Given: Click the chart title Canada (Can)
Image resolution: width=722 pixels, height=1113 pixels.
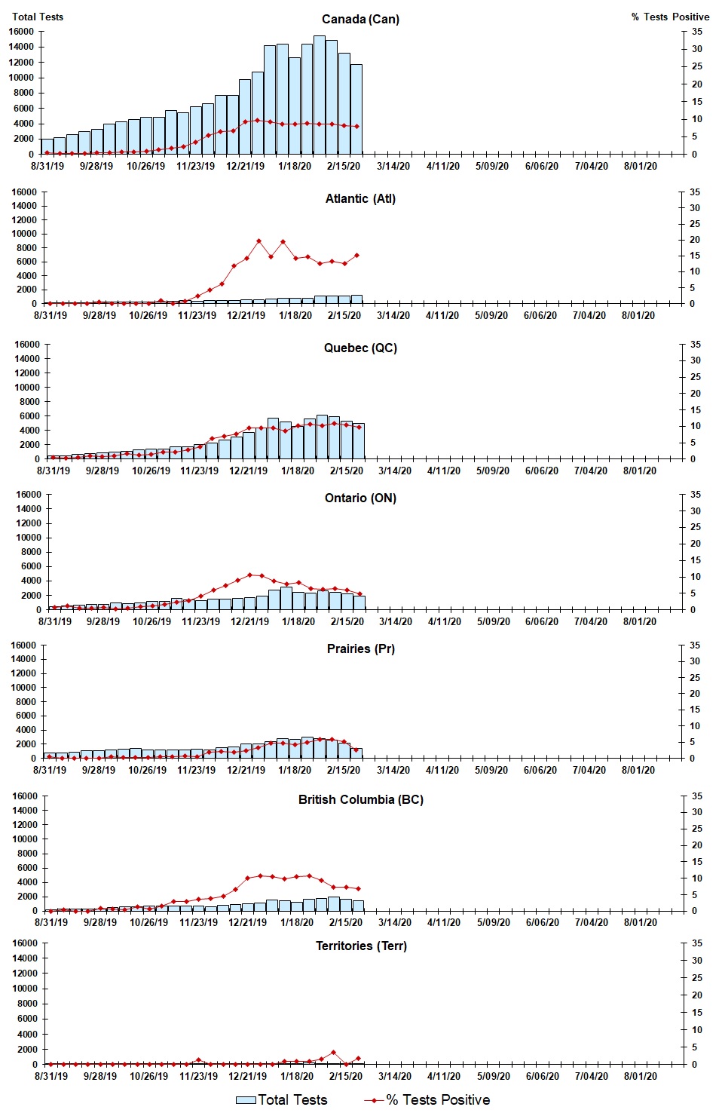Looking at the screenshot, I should point(360,19).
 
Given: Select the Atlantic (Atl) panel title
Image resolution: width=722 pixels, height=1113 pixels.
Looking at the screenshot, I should point(360,198).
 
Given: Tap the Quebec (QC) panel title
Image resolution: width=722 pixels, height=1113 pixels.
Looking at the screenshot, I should point(360,348).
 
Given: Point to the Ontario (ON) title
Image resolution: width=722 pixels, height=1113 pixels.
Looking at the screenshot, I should point(360,498).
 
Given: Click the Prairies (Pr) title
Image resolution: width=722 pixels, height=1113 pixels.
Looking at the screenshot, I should point(360,648).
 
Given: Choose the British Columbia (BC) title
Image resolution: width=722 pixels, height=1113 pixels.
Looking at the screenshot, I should point(360,799).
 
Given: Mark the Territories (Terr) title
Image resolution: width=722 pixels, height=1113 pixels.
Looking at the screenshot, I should point(360,946).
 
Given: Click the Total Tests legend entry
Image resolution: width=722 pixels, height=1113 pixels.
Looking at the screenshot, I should point(282,1100).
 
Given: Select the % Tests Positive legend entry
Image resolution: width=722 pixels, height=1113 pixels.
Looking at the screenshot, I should point(427,1100).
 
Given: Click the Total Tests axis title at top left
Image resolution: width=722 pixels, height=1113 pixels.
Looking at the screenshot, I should point(38,17).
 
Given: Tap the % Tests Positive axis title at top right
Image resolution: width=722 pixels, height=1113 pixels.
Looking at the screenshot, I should point(670,17).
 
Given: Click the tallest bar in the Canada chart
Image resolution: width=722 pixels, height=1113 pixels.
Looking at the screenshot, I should point(320,95).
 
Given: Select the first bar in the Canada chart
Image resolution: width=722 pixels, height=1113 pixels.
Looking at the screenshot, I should point(47,146).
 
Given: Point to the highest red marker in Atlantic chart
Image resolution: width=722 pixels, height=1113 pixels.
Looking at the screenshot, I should point(259,241).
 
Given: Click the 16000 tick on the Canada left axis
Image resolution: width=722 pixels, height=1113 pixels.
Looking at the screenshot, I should point(23,32).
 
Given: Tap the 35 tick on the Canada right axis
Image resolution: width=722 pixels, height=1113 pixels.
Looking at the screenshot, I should point(697,32).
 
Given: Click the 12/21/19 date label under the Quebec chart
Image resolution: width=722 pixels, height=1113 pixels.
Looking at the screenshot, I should point(249,471).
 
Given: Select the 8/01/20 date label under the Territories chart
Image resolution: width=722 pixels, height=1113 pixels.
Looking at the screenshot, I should point(640,1076).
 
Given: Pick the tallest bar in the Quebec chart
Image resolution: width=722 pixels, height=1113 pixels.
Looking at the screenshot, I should point(322,437).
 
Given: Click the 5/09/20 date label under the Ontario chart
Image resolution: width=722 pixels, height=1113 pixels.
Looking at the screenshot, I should point(494,621).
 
